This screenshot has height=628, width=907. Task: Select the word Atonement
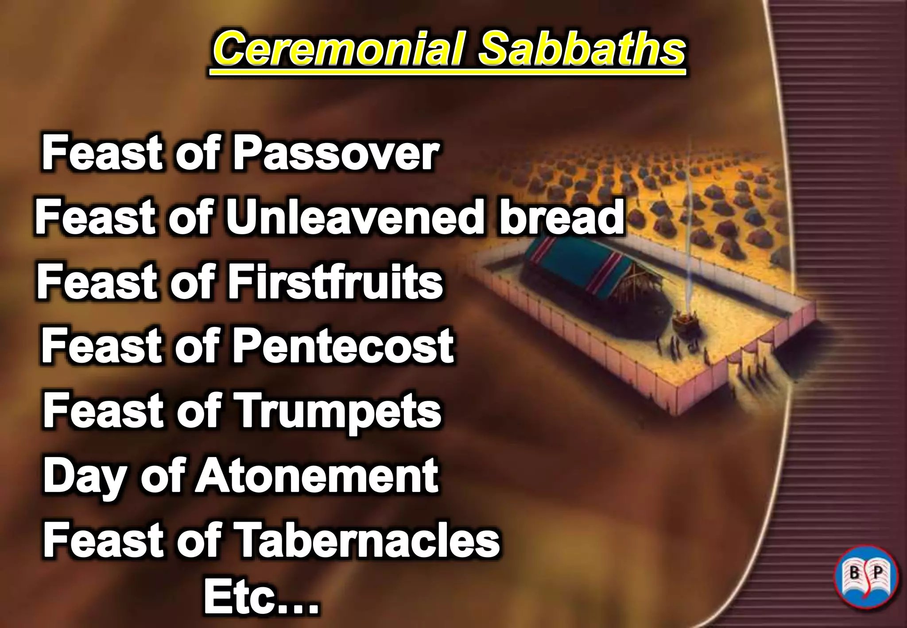pos(316,476)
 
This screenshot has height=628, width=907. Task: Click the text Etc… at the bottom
pos(261,598)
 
